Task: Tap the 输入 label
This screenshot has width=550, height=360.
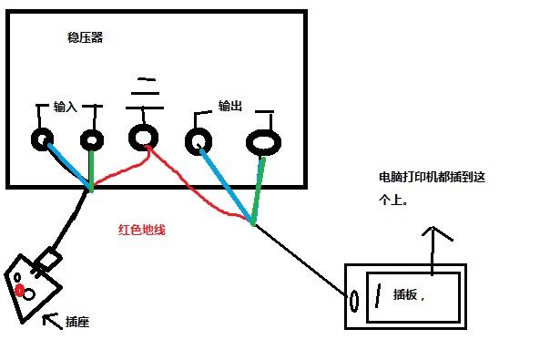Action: [66, 107]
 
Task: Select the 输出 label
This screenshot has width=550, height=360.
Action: [230, 107]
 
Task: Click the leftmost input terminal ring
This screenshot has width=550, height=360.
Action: [42, 139]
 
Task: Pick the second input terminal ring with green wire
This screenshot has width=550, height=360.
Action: [92, 139]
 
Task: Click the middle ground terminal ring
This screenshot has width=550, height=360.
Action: [143, 138]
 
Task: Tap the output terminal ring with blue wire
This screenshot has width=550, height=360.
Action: [198, 141]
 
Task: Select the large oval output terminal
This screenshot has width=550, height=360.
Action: [262, 143]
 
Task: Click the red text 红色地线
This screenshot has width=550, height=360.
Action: [141, 230]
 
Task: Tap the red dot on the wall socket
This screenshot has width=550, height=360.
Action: [19, 289]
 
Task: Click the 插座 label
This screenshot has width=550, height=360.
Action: [77, 323]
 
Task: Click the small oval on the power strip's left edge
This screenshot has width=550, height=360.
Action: [353, 298]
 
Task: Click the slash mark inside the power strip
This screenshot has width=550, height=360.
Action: [376, 296]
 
